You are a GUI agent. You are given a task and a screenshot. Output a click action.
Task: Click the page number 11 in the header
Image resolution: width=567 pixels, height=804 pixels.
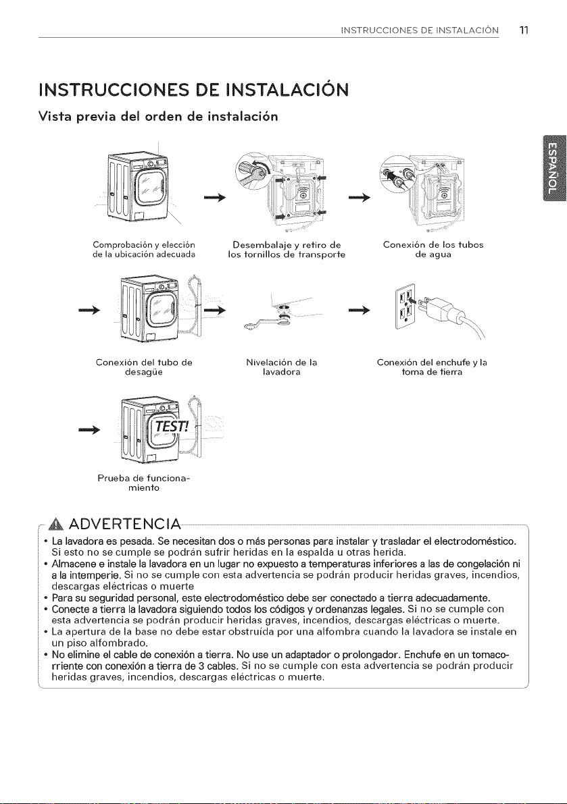click(x=523, y=29)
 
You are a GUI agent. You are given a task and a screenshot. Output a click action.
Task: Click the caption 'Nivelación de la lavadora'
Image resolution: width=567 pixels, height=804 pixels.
click(x=281, y=368)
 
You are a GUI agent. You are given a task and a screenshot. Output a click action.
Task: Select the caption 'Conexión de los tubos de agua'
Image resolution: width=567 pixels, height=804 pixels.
click(x=434, y=249)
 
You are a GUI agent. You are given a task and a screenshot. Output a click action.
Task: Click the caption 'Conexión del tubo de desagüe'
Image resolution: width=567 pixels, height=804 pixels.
click(x=144, y=368)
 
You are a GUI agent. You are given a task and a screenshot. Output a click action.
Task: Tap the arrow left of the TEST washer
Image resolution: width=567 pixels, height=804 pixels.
click(x=89, y=429)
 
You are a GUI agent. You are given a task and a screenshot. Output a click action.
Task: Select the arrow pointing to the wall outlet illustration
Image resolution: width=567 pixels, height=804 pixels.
click(x=359, y=309)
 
